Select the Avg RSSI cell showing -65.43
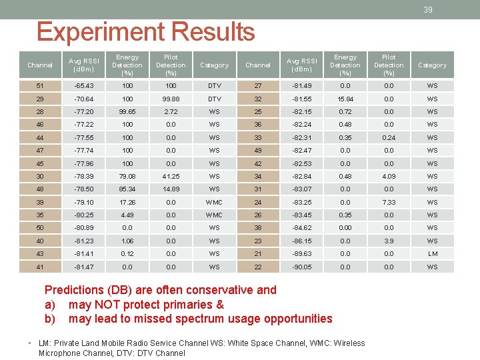click(84, 85)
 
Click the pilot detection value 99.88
click(171, 99)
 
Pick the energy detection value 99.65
click(127, 111)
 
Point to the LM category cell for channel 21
click(432, 254)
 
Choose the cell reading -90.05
click(301, 267)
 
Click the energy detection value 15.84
click(345, 99)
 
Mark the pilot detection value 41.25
click(171, 177)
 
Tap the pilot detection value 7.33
click(389, 203)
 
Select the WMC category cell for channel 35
click(214, 215)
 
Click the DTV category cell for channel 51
click(214, 85)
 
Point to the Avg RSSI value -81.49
click(301, 85)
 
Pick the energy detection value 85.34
click(127, 189)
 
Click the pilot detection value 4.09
click(389, 177)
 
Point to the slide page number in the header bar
click(428, 9)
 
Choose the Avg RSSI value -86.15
click(301, 241)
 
